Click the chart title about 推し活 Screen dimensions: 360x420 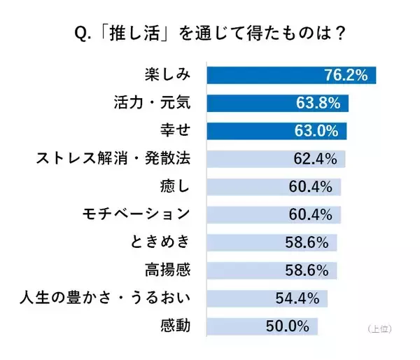(x=209, y=33)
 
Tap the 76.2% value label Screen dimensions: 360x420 (x=346, y=75)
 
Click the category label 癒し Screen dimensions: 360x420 (x=175, y=187)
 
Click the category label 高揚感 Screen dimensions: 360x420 (x=169, y=270)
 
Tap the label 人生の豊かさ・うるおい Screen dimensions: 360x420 (x=105, y=299)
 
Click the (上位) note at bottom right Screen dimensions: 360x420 (x=378, y=328)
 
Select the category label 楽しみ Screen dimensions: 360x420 (x=169, y=75)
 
